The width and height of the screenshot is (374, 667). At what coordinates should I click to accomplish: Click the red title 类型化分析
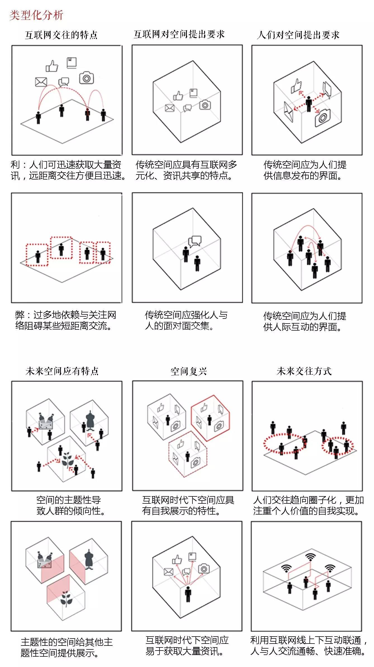(x=36, y=15)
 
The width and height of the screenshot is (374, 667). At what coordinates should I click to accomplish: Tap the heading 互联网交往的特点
(x=61, y=35)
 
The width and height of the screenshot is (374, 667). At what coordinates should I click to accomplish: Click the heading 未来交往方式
(x=304, y=371)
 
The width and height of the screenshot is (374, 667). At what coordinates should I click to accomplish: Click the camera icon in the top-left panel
(x=86, y=78)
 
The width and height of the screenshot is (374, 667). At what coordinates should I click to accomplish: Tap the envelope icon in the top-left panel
(x=41, y=82)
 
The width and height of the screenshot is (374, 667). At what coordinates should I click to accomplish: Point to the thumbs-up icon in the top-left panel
(x=52, y=66)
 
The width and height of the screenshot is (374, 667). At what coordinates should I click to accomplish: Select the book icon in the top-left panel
(x=72, y=63)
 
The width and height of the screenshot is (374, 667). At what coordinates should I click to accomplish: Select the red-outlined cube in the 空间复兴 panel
(x=210, y=418)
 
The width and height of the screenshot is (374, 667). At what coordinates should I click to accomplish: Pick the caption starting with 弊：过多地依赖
(x=66, y=320)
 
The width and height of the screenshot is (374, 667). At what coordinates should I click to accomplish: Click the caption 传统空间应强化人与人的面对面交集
(x=186, y=320)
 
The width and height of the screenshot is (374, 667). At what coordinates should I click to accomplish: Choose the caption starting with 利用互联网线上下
(x=308, y=645)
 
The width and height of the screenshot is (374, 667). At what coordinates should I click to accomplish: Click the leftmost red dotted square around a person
(x=37, y=254)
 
